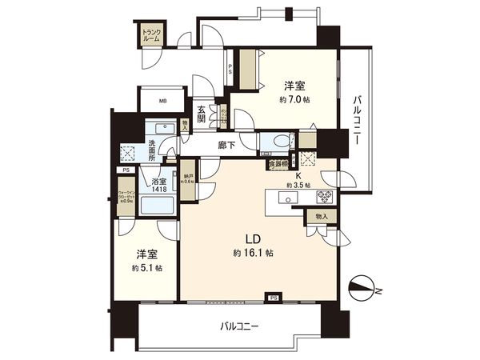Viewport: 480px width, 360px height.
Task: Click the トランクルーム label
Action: click(x=151, y=35)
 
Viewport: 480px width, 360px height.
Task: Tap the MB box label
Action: click(x=162, y=101)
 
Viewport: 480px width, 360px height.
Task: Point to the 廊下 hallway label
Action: click(x=226, y=145)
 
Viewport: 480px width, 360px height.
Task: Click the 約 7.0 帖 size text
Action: click(x=294, y=99)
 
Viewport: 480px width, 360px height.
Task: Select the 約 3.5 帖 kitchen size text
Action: click(x=298, y=186)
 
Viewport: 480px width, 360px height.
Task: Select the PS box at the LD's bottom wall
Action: click(x=273, y=298)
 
